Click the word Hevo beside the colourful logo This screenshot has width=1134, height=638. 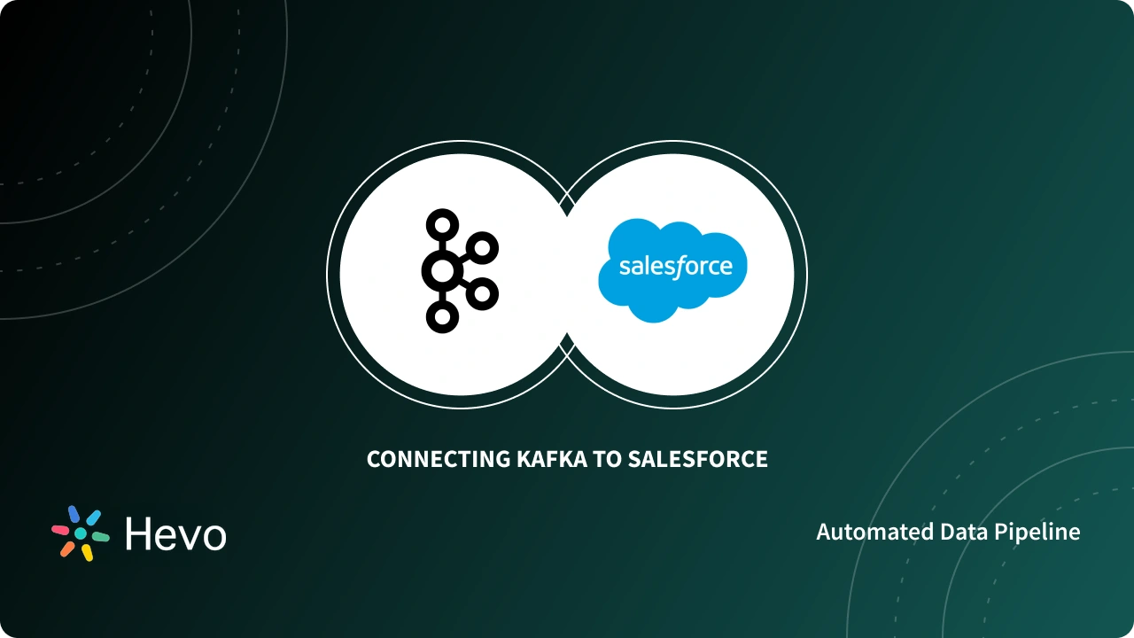(x=175, y=534)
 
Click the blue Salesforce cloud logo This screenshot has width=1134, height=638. (x=672, y=271)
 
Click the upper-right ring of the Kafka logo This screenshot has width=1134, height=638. (x=481, y=248)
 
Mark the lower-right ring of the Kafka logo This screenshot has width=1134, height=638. (x=481, y=292)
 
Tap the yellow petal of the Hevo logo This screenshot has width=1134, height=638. (x=87, y=553)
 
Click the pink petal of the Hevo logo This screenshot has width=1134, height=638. (x=60, y=529)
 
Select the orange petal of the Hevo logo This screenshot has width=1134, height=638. (x=67, y=549)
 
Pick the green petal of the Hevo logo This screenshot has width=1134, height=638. (x=100, y=537)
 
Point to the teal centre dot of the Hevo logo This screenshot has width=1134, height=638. (x=80, y=533)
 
